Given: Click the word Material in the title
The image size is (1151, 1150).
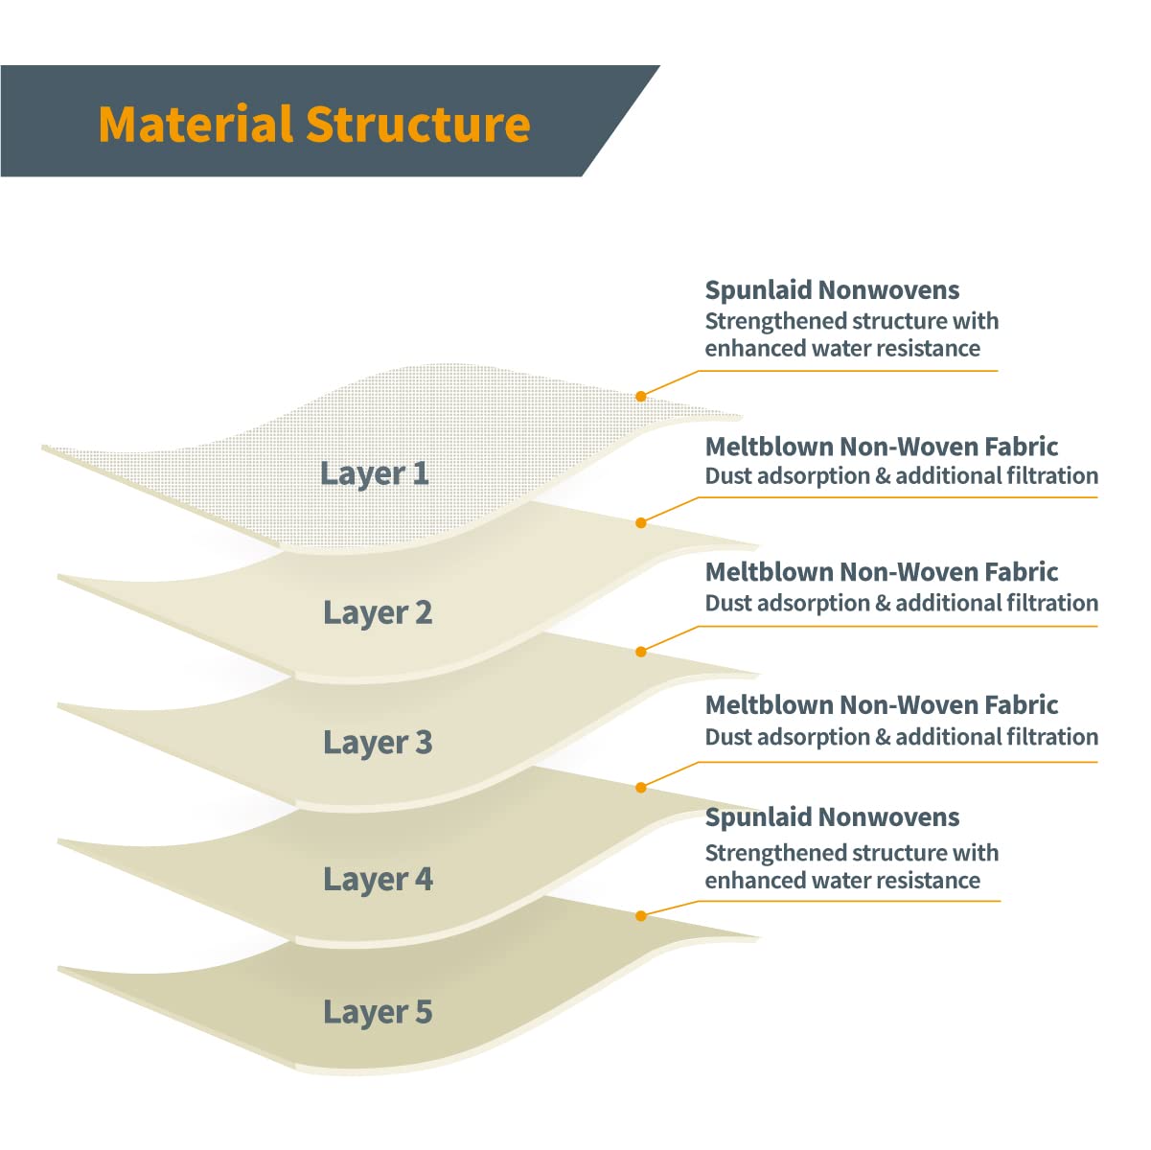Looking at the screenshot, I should pos(196,125).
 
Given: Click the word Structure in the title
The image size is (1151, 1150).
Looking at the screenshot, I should pos(418,125).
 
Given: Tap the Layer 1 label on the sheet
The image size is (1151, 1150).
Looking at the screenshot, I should pos(374,473).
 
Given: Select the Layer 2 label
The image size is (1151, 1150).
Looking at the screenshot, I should pos(378,612).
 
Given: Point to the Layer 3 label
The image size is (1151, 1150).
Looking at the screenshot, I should pos(378,743).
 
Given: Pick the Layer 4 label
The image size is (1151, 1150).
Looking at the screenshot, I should pos(378,880).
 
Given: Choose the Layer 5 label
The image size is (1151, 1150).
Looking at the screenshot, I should pos(378,1012).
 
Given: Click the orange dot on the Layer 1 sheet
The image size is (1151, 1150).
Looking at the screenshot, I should pos(641,396).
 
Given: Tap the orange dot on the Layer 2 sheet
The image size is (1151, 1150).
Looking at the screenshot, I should pos(641,522).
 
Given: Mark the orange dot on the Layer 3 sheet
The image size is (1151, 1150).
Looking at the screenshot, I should pos(641,652).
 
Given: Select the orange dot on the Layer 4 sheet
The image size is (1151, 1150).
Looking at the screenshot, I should pos(641,788).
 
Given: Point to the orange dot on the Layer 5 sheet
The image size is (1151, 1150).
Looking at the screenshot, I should pos(641,916).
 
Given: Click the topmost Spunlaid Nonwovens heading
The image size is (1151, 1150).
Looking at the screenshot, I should pos(832,290).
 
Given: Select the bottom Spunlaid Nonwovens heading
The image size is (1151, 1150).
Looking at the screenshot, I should pos(832,817).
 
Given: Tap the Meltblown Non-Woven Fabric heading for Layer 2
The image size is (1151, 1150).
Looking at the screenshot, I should pos(881,447).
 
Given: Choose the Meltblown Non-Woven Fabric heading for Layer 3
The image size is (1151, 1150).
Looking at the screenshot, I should pos(881,572).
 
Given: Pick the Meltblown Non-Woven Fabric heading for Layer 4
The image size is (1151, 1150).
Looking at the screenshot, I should pos(881,705).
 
